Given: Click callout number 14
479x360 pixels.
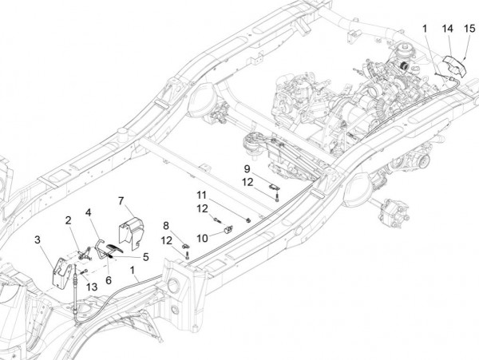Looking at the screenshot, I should click(447, 28).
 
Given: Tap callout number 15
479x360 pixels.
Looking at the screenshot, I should click(469, 28).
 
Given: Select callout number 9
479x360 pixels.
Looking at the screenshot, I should click(247, 168).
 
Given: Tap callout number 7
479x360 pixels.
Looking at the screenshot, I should click(121, 200).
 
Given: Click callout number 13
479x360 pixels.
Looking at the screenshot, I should click(92, 287).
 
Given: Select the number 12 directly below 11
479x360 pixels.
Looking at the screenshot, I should click(202, 208).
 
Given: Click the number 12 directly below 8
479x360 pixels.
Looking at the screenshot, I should click(166, 239).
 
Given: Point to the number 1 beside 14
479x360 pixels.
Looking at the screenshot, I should click(426, 28).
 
